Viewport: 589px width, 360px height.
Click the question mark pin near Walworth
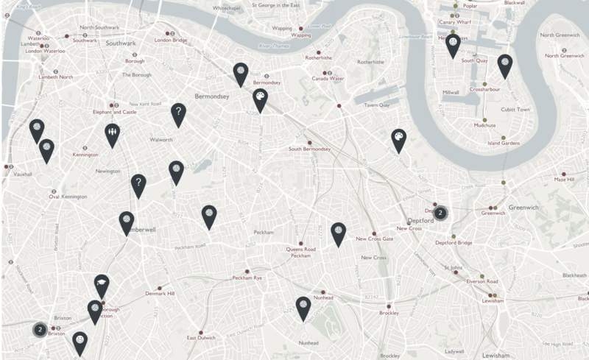coord(177,113)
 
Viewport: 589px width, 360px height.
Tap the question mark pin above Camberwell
coord(138,184)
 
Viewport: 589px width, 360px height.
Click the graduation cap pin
coord(101,283)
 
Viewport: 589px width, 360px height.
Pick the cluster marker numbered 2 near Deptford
coord(440,213)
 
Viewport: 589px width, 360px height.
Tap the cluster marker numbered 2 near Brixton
coord(40,329)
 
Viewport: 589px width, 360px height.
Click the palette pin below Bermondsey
coord(260,99)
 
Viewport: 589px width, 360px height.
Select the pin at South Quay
coord(454,44)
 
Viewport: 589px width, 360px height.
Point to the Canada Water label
coord(328,78)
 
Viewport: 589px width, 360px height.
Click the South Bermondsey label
coord(309,149)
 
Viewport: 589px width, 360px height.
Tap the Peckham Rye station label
coord(247,278)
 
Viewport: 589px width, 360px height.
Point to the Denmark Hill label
coord(160,293)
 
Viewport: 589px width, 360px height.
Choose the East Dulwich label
coord(201,337)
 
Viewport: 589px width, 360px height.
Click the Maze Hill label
coord(565,179)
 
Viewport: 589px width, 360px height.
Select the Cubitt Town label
coord(515,109)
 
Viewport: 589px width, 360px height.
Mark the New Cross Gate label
coord(374,239)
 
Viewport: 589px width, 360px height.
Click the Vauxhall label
coord(23,174)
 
